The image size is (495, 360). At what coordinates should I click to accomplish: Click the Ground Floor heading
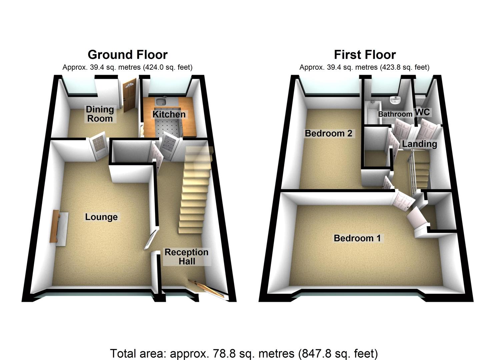tap(127, 54)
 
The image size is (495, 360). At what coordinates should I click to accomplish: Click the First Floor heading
tap(365, 54)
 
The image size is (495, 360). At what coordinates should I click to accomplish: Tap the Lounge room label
tap(101, 217)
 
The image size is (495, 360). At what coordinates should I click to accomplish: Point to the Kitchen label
tap(169, 114)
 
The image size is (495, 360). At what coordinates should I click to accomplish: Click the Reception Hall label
tap(186, 257)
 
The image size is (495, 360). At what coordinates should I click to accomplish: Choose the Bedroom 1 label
tap(357, 238)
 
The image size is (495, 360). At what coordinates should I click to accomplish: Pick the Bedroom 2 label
tap(328, 133)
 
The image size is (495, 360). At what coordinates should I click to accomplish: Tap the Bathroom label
tap(395, 114)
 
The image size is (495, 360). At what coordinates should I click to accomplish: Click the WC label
tap(422, 112)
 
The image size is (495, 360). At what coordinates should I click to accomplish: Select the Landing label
tap(419, 144)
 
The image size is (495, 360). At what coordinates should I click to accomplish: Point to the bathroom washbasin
tap(395, 100)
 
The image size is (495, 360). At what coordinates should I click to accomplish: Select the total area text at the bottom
tap(244, 353)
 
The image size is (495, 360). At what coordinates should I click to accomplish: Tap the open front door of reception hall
tap(207, 288)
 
